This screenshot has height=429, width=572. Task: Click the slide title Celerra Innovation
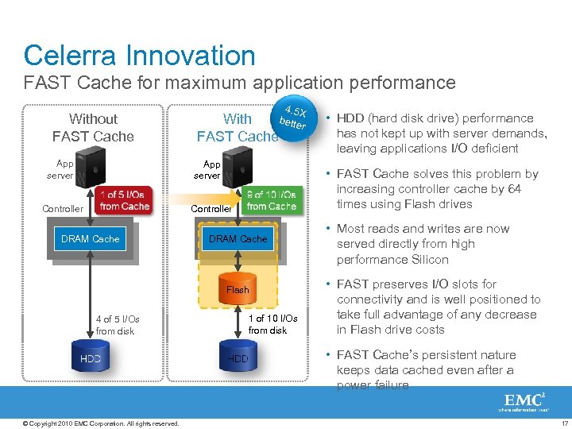[139, 56]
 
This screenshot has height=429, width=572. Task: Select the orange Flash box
[238, 290]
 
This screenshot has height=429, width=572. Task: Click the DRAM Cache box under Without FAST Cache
[90, 238]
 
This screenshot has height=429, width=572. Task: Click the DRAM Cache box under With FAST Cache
[238, 238]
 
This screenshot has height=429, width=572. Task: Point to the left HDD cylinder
[91, 358]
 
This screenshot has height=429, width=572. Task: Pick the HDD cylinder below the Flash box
[238, 358]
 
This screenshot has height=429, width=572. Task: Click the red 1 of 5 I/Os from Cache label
[124, 201]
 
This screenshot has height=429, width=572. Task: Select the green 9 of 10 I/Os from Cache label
[272, 200]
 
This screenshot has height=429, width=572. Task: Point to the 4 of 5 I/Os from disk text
[117, 325]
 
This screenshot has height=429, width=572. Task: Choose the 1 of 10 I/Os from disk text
[272, 324]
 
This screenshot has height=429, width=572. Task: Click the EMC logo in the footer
[522, 402]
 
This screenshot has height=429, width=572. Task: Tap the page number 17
[564, 422]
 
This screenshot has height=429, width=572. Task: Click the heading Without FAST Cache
[93, 127]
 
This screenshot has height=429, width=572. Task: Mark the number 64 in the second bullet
[513, 189]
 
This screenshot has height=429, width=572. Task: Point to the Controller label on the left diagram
[62, 209]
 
